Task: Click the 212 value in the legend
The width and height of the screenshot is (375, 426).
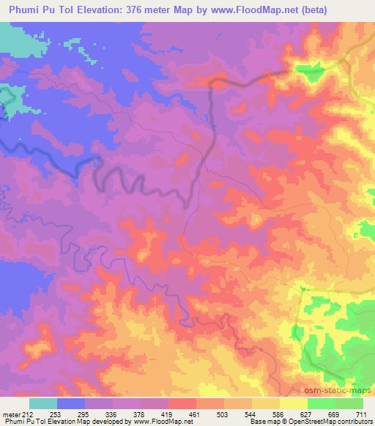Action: [x=28, y=414]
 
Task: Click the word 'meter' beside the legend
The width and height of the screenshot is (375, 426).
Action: [x=11, y=414]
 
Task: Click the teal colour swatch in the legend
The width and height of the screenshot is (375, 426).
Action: [x=43, y=403]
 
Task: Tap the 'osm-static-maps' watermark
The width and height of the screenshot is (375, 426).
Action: [x=342, y=392]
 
